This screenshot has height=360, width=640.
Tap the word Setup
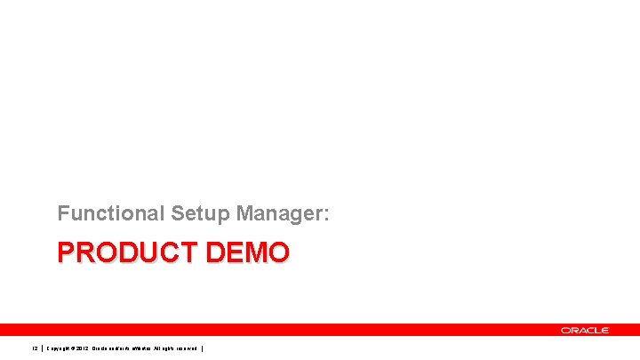[x=195, y=213]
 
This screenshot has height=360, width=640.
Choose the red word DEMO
[x=248, y=254]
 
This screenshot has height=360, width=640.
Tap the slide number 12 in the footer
[x=35, y=348]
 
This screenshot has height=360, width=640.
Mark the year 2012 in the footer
[x=95, y=348]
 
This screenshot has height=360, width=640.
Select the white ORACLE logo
[x=585, y=330]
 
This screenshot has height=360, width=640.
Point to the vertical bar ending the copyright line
[x=204, y=348]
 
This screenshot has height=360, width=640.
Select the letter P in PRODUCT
[x=66, y=254]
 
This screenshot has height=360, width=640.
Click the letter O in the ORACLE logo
[x=565, y=330]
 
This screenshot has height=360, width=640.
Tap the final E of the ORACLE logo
[x=604, y=330]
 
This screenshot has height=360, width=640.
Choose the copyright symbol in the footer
[x=83, y=348]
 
